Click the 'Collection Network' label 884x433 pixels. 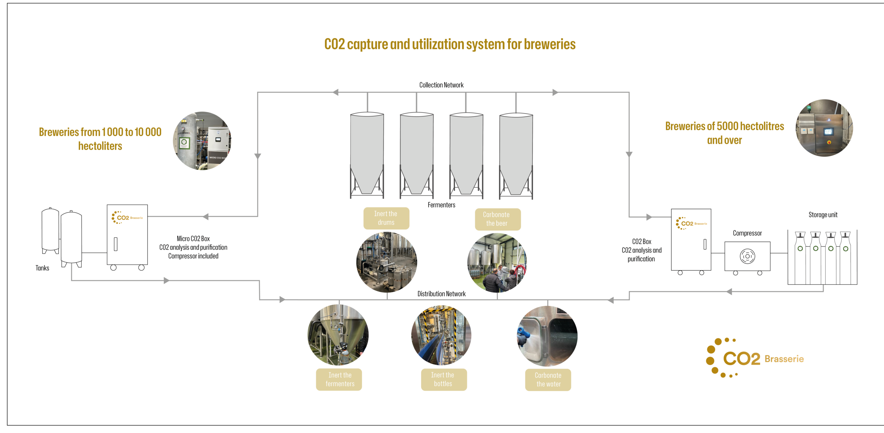[x=441, y=85]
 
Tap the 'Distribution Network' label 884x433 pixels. [x=441, y=294]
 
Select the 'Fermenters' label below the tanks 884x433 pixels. [x=441, y=205]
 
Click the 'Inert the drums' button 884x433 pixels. [x=386, y=218]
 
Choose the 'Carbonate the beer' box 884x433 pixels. [x=498, y=219]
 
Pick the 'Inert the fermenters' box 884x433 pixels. [x=339, y=380]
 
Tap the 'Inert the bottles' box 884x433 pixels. [x=444, y=380]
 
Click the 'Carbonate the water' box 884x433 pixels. [x=548, y=380]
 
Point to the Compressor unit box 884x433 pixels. [x=747, y=256]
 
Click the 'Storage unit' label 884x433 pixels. [x=823, y=215]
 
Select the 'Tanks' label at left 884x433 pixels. [x=42, y=268]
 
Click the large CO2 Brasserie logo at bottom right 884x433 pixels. [x=755, y=358]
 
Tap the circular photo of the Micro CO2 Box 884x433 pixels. [x=202, y=140]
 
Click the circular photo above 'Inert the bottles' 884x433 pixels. [x=441, y=335]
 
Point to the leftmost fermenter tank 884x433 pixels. [x=367, y=155]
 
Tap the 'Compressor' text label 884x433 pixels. [x=747, y=233]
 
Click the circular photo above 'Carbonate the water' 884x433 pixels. [x=547, y=336]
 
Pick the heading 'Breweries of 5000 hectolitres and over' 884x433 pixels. [x=724, y=133]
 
